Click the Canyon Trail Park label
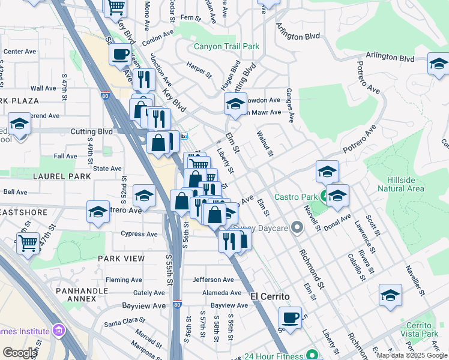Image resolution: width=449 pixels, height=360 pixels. click(x=226, y=46)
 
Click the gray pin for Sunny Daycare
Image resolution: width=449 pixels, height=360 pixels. click(x=296, y=227)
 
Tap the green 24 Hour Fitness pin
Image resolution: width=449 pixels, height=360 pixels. click(x=310, y=355)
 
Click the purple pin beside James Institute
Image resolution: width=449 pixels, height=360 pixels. click(x=58, y=331)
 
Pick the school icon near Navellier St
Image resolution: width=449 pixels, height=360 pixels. click(x=390, y=295)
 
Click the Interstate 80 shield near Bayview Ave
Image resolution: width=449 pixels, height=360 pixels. click(x=177, y=304)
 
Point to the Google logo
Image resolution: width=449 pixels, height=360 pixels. click(x=20, y=353)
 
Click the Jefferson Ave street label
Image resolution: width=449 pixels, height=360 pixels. click(x=213, y=280)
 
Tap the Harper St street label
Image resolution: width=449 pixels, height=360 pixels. click(x=199, y=70)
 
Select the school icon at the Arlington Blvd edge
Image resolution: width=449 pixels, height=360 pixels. click(x=439, y=63)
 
